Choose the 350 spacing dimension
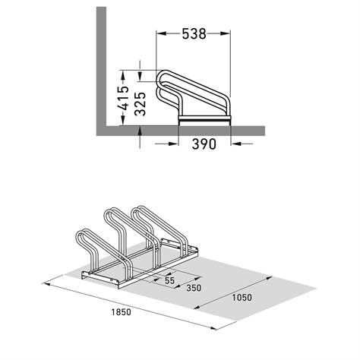pos(194,288)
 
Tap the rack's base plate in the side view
pos(205,120)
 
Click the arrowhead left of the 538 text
pos(161,33)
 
